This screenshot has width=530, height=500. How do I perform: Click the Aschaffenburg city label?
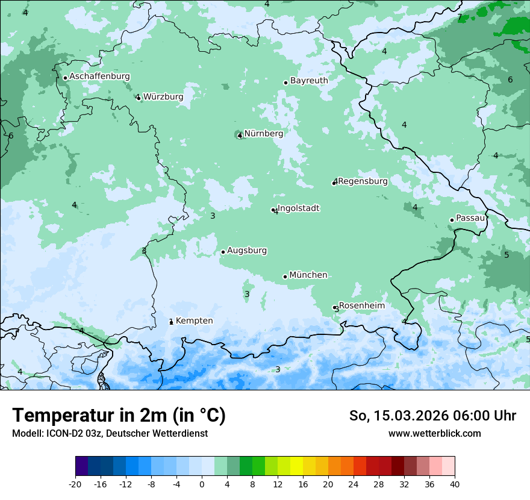coord(99,77)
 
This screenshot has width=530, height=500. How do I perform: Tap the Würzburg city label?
coord(163,96)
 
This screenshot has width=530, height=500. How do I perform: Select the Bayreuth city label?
coord(309,81)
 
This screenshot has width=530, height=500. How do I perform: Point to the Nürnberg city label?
coord(263,134)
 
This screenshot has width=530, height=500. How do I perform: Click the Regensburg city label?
coord(363,181)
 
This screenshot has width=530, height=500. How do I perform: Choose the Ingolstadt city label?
coord(298,208)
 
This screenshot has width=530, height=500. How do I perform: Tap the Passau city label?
coord(470,218)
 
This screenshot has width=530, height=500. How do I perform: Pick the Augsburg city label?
coord(247,251)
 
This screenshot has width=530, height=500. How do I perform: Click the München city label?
coord(308,275)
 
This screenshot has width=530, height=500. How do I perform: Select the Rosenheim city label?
coord(361,306)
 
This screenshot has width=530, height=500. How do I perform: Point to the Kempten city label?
coord(194,321)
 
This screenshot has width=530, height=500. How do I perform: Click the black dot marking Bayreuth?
coord(285,83)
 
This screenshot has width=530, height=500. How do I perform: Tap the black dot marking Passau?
coord(452,220)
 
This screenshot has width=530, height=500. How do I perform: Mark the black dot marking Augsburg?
coord(223,252)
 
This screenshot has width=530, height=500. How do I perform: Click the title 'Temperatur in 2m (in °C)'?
coord(119,416)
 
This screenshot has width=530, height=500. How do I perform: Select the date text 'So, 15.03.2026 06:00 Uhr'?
coord(432,416)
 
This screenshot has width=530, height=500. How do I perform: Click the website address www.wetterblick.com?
coord(434,434)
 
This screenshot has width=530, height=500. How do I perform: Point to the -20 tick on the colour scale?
coord(75,484)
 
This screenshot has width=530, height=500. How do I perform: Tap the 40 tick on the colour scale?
coord(454,484)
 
